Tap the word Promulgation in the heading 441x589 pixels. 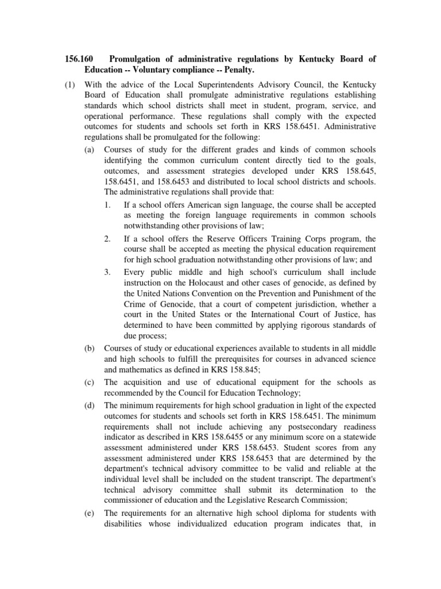click(x=138, y=59)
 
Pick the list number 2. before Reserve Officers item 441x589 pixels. click(x=108, y=238)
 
